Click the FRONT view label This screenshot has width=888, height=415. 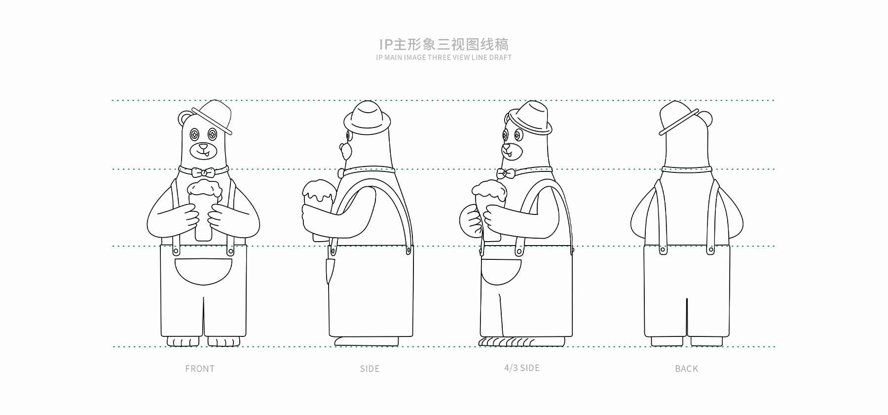pos(200,369)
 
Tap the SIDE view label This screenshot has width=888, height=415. pos(370,369)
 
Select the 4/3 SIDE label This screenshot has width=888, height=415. pos(522,368)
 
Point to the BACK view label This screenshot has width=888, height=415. pos(687,369)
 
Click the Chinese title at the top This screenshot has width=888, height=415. pos(444,44)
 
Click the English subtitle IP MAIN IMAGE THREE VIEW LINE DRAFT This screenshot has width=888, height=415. pos(444,57)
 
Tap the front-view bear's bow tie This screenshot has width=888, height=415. pos(204,172)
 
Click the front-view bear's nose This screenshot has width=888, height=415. pos(203,146)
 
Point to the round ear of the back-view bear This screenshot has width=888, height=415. pos(705,118)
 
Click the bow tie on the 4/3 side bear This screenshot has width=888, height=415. pos(506,173)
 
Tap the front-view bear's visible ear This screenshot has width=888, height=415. pos(185,117)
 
